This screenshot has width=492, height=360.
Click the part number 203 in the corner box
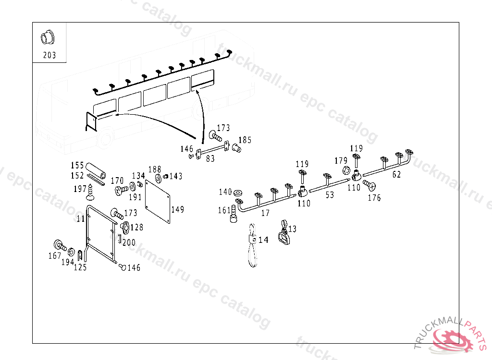(49, 55)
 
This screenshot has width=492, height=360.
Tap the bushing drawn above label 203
(48, 37)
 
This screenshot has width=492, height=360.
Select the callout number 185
(245, 140)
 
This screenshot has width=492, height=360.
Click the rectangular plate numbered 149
(158, 202)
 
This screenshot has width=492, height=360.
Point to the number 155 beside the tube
(77, 165)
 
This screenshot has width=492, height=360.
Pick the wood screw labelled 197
(90, 192)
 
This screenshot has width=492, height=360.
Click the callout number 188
(155, 169)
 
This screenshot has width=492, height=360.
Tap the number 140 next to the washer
(225, 192)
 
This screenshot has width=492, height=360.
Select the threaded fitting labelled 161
(234, 214)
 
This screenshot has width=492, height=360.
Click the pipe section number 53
(330, 195)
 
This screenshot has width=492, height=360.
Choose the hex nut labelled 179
(346, 170)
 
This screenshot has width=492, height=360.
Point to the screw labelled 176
(369, 185)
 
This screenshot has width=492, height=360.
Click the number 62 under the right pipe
(396, 174)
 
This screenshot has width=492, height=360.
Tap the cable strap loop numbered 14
(253, 246)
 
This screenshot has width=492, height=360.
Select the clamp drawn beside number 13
(283, 233)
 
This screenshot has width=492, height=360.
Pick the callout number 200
(129, 242)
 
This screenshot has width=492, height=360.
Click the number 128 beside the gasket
(137, 227)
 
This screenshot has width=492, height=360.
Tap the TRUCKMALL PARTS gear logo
(452, 336)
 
